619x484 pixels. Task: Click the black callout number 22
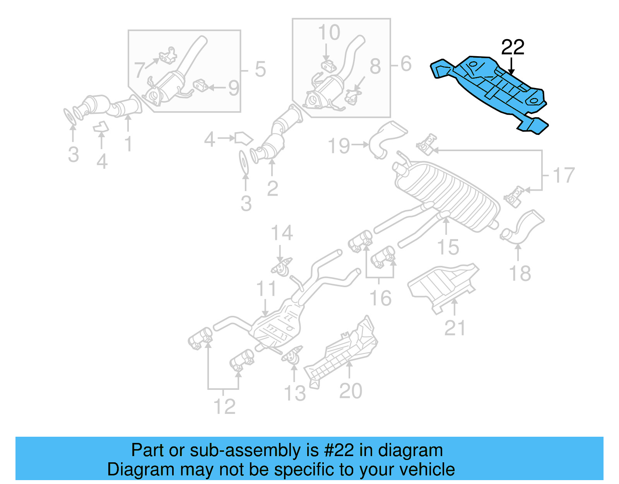513,47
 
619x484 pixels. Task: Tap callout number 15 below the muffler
448,247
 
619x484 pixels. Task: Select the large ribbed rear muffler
449,194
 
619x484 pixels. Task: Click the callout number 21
455,328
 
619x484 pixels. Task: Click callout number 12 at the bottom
224,406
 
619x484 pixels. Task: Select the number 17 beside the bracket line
564,175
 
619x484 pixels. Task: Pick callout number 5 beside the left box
260,69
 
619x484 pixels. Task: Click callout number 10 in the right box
329,33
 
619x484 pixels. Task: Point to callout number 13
295,393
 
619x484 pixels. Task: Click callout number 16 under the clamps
380,298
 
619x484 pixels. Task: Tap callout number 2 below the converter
272,189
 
